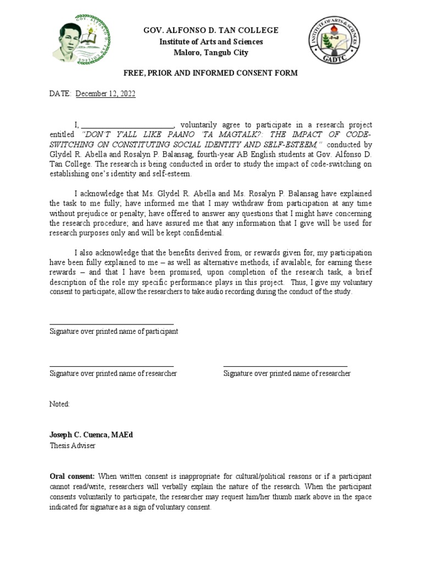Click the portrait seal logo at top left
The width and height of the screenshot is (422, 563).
[x=81, y=40]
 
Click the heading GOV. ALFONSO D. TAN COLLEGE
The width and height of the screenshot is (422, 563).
[x=211, y=30]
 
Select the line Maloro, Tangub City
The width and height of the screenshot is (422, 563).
[x=211, y=53]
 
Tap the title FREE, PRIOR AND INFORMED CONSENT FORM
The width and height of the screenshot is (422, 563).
[x=211, y=73]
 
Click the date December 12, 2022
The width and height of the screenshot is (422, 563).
[x=105, y=94]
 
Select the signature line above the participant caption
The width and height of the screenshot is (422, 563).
[x=112, y=324]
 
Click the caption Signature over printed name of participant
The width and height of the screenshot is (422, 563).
[x=114, y=332]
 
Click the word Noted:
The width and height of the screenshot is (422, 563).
[x=60, y=404]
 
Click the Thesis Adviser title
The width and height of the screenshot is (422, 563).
[x=72, y=445]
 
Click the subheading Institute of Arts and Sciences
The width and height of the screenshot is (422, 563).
[x=211, y=42]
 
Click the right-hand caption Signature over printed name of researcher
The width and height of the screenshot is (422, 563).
[x=287, y=373]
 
